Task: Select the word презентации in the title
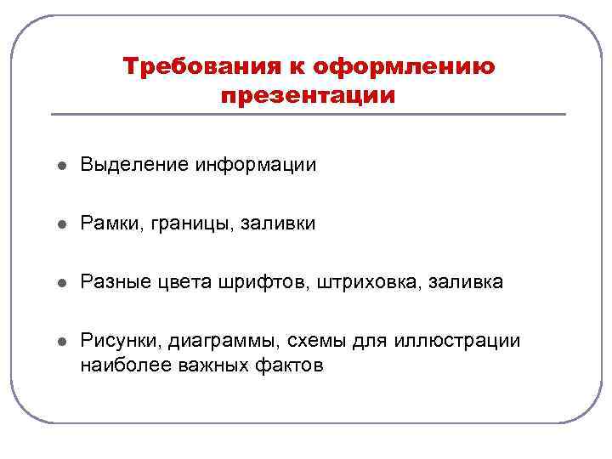[308, 95]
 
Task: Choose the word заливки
[278, 224]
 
